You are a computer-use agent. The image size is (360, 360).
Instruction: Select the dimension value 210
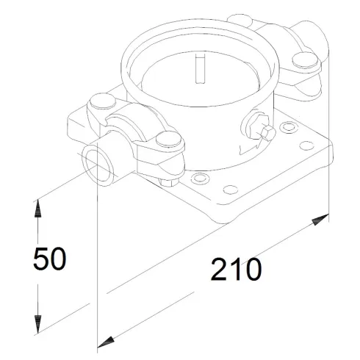tap(235, 270)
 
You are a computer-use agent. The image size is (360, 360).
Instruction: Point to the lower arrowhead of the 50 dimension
tap(34, 323)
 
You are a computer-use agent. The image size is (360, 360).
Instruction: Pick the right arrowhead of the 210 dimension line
tap(321, 219)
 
